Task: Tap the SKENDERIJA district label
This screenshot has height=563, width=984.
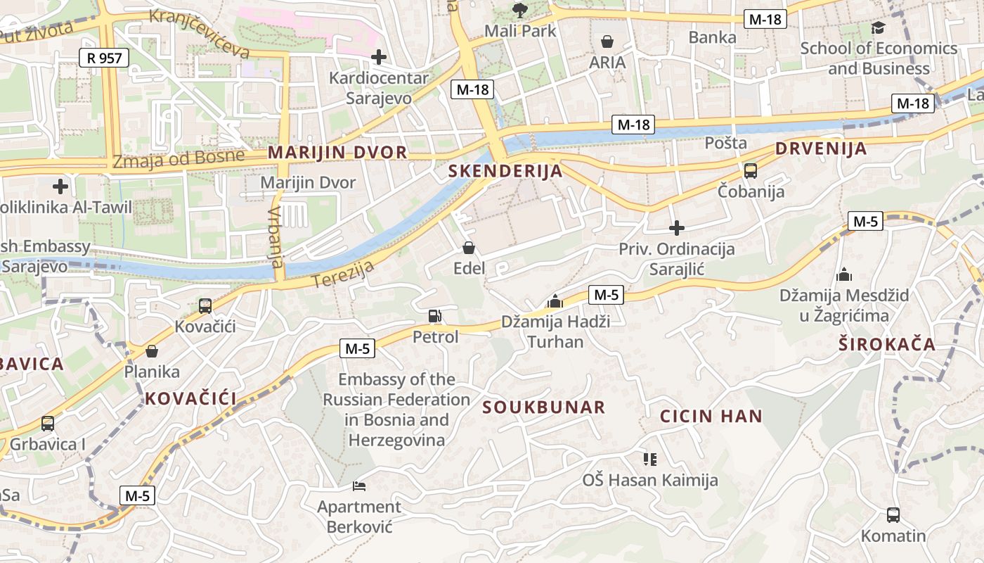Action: click(505, 171)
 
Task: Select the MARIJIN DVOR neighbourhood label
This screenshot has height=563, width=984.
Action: click(337, 153)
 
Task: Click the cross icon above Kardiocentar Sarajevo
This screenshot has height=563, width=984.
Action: click(379, 57)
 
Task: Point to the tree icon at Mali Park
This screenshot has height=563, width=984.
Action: click(520, 10)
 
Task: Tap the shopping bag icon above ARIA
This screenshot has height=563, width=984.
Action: click(607, 42)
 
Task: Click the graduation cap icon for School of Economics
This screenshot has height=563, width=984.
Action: click(879, 27)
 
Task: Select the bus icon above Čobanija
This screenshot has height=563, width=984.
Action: click(751, 170)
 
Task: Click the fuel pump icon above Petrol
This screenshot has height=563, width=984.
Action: click(435, 316)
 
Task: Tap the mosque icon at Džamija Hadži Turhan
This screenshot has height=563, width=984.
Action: click(555, 301)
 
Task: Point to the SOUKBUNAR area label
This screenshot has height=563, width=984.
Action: click(544, 407)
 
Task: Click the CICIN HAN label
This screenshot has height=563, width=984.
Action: click(711, 416)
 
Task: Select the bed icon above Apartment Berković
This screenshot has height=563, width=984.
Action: click(358, 486)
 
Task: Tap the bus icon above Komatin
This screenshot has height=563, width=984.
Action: click(893, 515)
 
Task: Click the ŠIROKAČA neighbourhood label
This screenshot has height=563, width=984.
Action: click(887, 344)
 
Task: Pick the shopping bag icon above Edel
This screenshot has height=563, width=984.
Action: click(469, 248)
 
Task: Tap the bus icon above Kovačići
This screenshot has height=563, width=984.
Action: click(205, 306)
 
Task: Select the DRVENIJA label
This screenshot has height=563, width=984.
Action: click(821, 149)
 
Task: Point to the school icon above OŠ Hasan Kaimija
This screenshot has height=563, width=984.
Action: click(650, 460)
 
